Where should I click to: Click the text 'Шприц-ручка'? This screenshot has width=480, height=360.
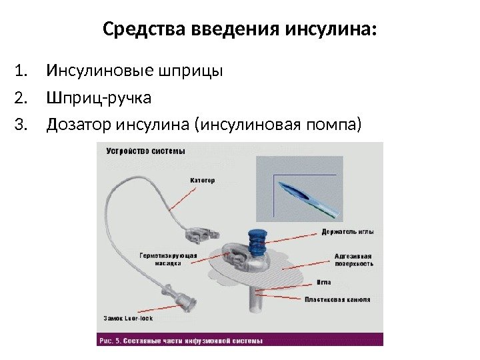click(99, 99)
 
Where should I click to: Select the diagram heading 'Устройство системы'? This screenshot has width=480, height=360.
click(145, 151)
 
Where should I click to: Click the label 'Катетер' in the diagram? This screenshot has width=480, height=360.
click(203, 180)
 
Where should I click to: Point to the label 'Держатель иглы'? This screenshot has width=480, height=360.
click(347, 231)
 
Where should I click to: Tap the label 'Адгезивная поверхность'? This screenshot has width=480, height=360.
click(353, 259)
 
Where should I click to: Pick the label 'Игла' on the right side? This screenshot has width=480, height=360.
click(323, 283)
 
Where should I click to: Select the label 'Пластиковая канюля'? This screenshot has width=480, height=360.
click(338, 299)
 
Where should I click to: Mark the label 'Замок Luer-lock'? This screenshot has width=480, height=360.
click(129, 318)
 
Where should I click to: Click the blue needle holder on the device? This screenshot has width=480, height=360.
click(257, 239)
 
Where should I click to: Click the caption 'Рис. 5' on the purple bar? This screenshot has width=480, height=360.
click(109, 340)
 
